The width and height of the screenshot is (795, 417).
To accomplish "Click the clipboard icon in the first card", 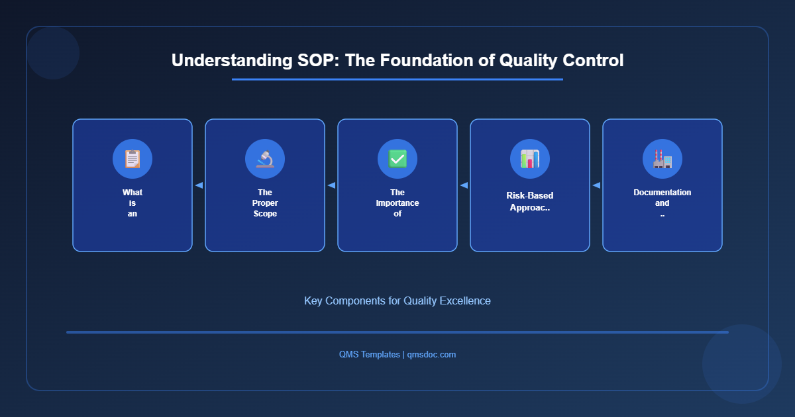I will point(132,159).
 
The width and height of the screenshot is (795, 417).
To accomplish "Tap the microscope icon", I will point(265,159).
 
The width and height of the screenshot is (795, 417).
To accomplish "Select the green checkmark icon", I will point(397,159).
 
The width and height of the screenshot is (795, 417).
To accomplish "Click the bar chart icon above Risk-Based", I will point(530,159).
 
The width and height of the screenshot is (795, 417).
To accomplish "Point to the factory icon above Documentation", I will point(662,159).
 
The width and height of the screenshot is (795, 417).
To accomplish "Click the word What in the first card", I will point(132,193).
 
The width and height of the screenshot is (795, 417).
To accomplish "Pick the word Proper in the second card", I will point(265,203).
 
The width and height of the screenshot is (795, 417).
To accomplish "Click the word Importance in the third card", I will point(397,203).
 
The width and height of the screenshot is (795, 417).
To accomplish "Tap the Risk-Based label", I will point(530,196).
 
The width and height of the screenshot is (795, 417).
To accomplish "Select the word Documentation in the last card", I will point(662,193).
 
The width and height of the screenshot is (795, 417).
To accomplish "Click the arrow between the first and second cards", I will point(199,185).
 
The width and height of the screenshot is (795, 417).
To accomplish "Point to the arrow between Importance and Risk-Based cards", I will point(464,185).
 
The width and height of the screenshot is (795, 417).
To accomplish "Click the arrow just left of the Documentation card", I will point(596,185).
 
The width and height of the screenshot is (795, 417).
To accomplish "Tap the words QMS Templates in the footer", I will point(369,354).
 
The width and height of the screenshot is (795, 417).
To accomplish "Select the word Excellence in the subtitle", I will point(467,301).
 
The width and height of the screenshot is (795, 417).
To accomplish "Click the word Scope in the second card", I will point(265,214).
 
